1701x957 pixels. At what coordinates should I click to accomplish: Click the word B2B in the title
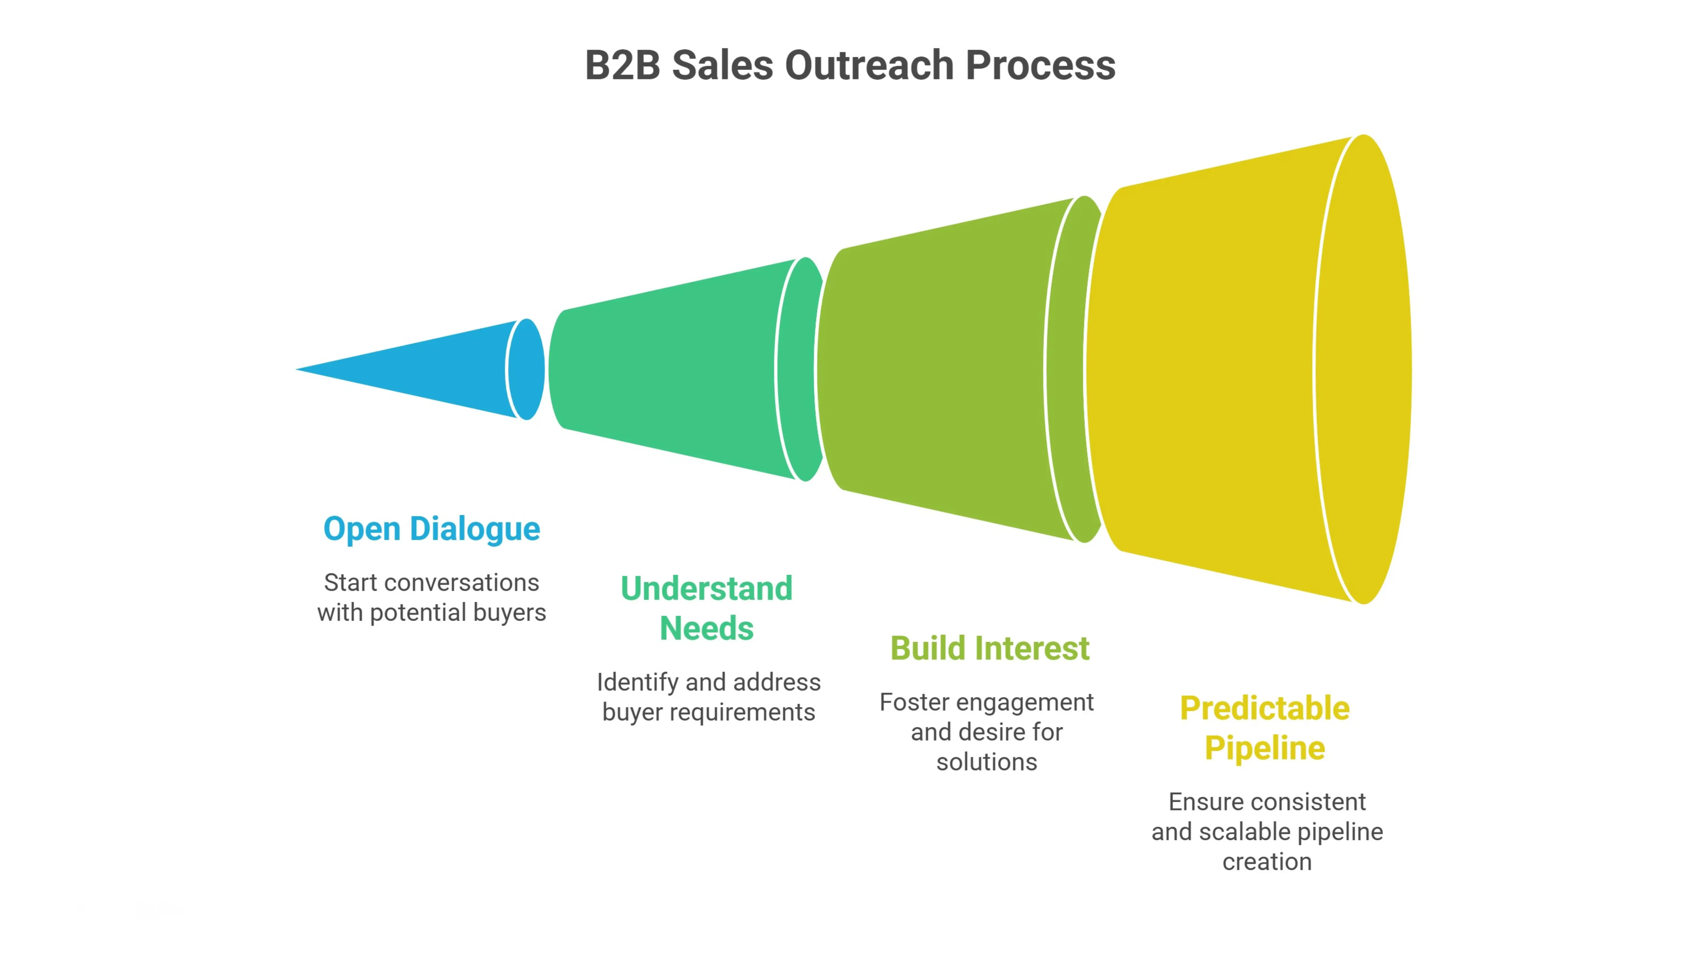622,66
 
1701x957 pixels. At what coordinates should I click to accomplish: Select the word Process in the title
1040,66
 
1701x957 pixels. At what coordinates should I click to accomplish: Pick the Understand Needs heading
706,608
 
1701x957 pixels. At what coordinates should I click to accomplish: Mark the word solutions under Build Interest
987,762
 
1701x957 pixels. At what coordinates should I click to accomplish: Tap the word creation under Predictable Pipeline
1266,862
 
